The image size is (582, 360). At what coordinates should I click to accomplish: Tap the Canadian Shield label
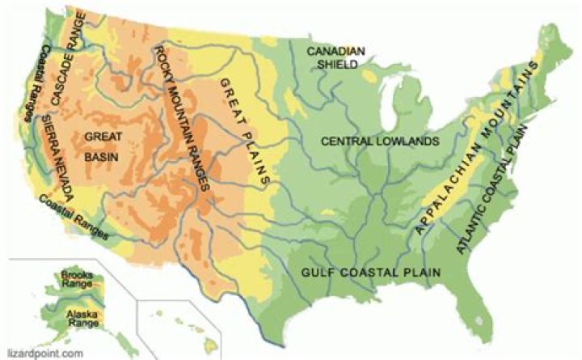(335, 57)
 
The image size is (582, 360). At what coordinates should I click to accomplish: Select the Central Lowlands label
(380, 142)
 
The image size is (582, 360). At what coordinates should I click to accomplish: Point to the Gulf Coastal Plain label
(371, 273)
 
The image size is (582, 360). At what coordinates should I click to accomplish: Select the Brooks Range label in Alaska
(78, 281)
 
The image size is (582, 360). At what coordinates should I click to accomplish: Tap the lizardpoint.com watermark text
(44, 354)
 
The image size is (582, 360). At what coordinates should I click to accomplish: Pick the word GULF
(318, 273)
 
